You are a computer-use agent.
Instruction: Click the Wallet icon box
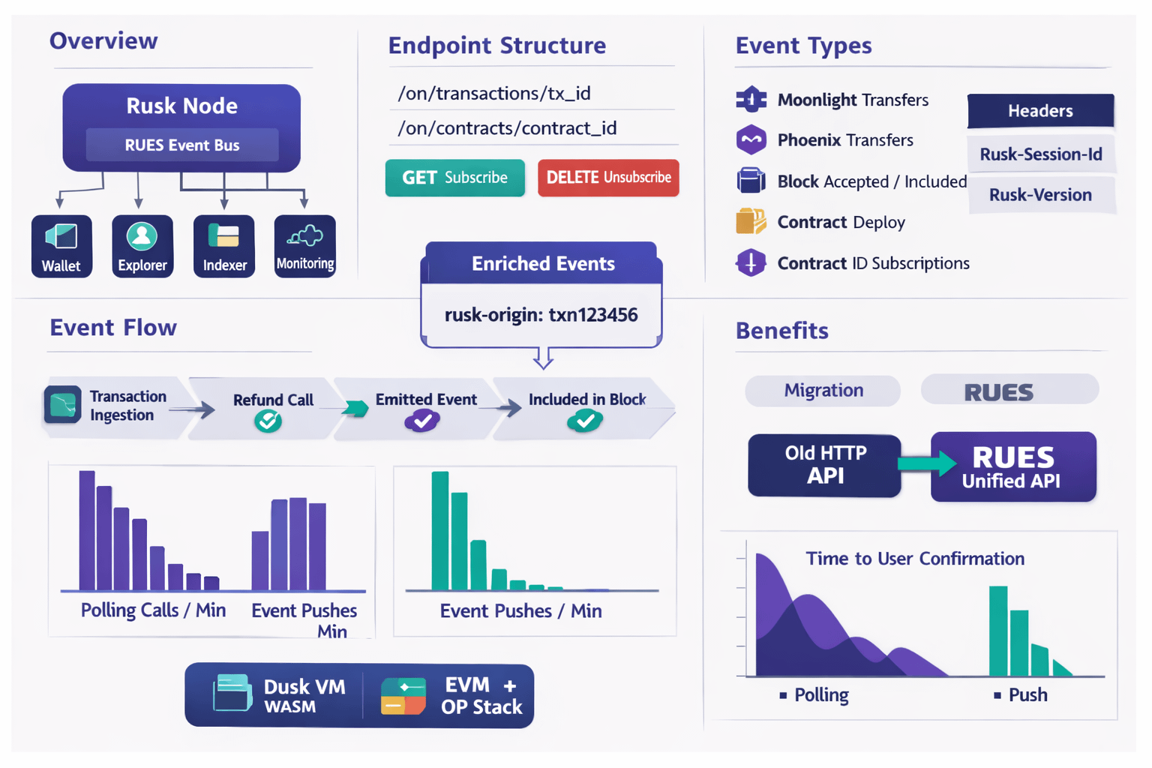tap(61, 246)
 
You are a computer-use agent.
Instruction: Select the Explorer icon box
tap(142, 246)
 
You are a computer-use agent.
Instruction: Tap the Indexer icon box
tap(224, 246)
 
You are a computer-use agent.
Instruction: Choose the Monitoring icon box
tap(304, 246)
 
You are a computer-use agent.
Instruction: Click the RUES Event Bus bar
tap(182, 145)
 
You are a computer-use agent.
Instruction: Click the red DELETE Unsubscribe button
tap(608, 178)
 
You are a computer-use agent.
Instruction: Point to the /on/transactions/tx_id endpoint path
tap(494, 93)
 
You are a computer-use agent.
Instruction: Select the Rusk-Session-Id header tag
tap(1040, 154)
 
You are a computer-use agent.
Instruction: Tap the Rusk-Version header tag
tap(1040, 195)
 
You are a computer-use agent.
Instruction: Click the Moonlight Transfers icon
tap(751, 100)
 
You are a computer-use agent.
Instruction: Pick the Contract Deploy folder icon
tap(751, 221)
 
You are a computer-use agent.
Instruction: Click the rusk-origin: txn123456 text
tap(541, 315)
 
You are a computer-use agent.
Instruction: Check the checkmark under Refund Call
tap(268, 421)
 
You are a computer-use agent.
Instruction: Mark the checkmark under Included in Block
tap(585, 421)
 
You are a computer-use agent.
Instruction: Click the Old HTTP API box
tap(824, 465)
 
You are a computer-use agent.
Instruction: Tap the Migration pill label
tap(823, 391)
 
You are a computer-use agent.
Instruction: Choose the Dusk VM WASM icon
tap(232, 693)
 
